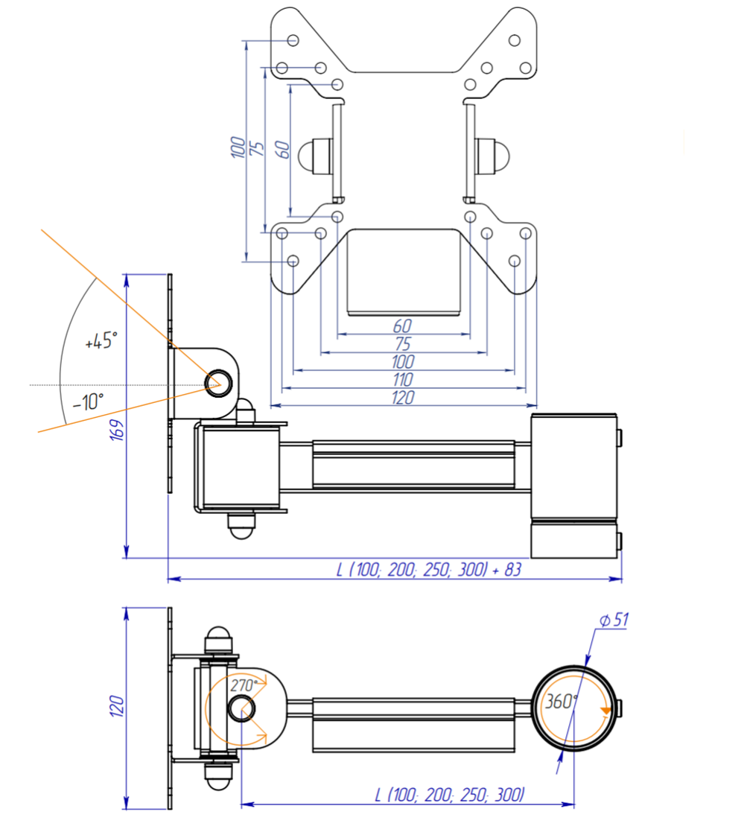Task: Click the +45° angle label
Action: click(101, 342)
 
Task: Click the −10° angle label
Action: click(88, 402)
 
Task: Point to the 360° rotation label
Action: click(561, 702)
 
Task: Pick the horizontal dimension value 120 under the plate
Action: click(402, 398)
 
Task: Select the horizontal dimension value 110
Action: click(402, 380)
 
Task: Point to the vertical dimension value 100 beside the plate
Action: click(238, 147)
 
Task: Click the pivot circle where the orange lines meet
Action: click(219, 383)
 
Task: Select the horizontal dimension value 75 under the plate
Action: click(402, 344)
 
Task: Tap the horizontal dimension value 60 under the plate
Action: click(402, 326)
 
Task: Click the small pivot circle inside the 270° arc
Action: click(241, 708)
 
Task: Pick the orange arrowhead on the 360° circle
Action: click(605, 711)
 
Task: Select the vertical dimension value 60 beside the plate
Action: click(282, 149)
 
